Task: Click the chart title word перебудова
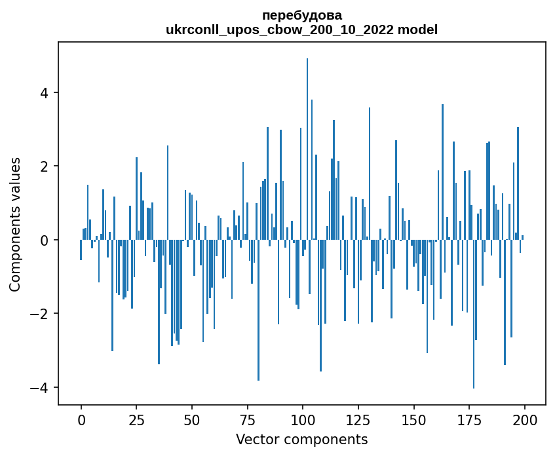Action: coord(301,15)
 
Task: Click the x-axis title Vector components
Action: coord(301,439)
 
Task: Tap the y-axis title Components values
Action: coord(15,223)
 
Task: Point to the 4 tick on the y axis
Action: coord(45,92)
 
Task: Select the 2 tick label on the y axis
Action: coord(45,166)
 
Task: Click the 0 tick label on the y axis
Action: coord(45,240)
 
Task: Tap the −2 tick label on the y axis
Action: coord(41,314)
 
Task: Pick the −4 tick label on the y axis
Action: coord(41,388)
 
